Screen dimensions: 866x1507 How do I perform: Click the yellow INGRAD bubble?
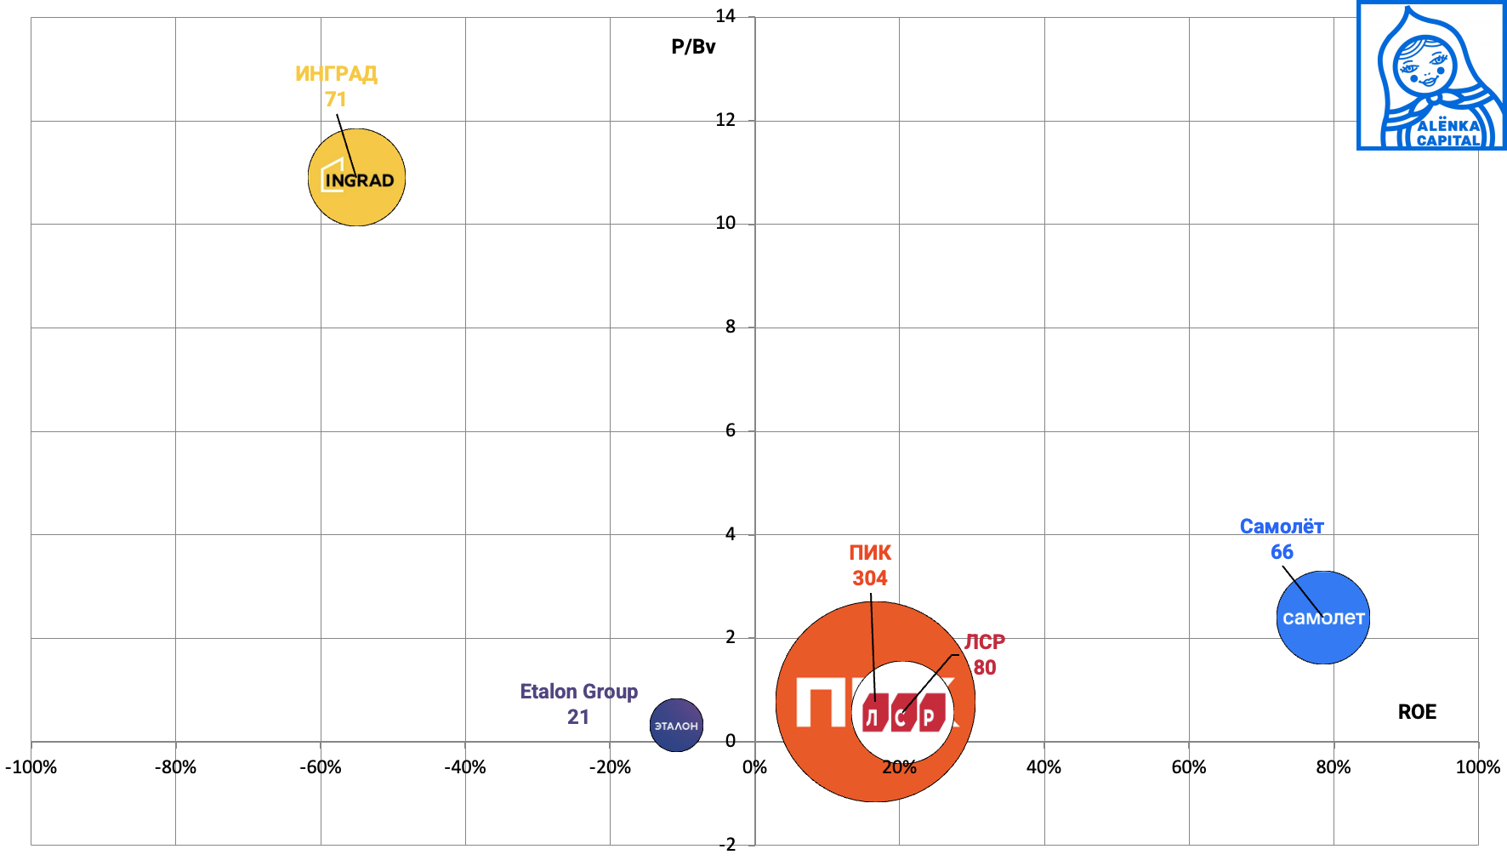coord(356,177)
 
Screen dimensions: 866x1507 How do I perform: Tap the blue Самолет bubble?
coord(1323,618)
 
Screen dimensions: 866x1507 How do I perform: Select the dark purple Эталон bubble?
coord(676,726)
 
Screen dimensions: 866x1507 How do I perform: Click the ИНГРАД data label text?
coord(336,74)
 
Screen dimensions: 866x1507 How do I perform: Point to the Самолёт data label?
coord(1282,527)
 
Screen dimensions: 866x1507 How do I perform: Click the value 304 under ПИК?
coord(869,578)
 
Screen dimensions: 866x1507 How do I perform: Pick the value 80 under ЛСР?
coord(985,668)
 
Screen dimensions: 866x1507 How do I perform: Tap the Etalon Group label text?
coord(578,692)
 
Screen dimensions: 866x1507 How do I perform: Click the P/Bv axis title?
coord(693,47)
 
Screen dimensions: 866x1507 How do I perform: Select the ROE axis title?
coord(1417,712)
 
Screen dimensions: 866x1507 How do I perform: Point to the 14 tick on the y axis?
coord(725,16)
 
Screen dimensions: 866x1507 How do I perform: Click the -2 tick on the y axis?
coord(726,845)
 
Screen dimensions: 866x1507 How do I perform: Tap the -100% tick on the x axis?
coord(31,767)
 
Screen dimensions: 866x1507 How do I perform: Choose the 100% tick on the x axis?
coord(1477,767)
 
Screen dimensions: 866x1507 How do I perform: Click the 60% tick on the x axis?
coord(1188,767)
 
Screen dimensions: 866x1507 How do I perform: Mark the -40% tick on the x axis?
coord(465,767)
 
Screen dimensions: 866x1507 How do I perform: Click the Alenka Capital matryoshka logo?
coord(1431,77)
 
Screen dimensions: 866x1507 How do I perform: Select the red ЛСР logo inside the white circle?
coord(903,713)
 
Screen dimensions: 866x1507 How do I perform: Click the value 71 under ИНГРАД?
coord(336,100)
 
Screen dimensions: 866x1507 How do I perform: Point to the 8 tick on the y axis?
coord(730,327)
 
